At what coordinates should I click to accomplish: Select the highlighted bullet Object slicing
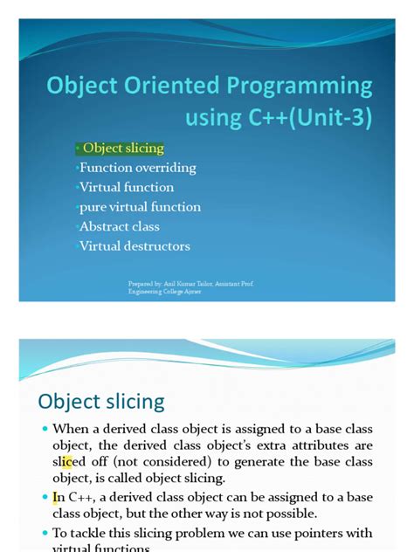pos(123,148)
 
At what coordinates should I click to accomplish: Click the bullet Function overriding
pos(138,168)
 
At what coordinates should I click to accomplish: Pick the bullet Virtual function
pos(127,187)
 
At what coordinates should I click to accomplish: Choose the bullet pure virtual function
pos(140,207)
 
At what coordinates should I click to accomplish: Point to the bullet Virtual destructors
pos(135,246)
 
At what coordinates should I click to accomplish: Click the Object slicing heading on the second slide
pos(101,402)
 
